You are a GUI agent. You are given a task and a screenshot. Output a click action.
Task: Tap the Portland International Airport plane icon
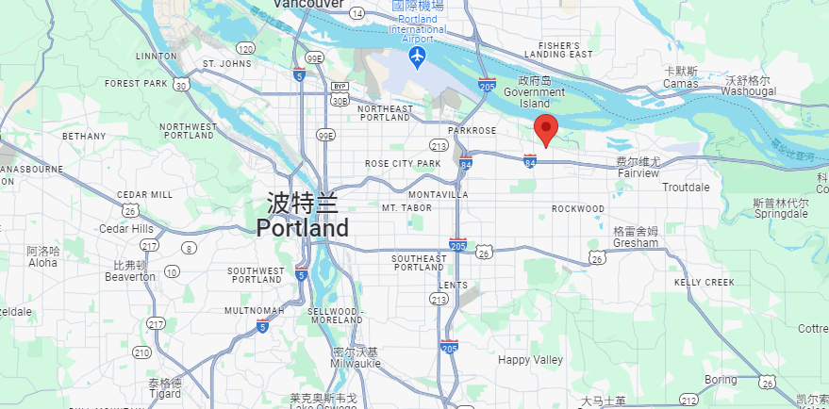pyautogui.click(x=416, y=58)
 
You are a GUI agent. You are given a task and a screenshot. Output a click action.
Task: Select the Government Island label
pyautogui.click(x=534, y=92)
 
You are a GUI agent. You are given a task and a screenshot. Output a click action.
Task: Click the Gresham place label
pyautogui.click(x=636, y=242)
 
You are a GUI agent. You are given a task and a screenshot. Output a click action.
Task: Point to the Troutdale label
pyautogui.click(x=686, y=188)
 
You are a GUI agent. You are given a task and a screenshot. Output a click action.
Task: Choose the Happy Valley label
pyautogui.click(x=530, y=360)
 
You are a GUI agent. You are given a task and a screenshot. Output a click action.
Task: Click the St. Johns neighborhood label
pyautogui.click(x=227, y=64)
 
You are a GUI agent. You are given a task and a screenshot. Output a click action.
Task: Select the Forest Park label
pyautogui.click(x=136, y=83)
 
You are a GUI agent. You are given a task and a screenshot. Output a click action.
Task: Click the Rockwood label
pyautogui.click(x=577, y=208)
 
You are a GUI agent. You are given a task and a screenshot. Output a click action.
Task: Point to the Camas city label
pyautogui.click(x=680, y=84)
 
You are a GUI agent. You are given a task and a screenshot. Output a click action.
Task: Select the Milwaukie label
pyautogui.click(x=355, y=363)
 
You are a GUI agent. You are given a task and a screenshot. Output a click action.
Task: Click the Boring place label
pyautogui.click(x=720, y=380)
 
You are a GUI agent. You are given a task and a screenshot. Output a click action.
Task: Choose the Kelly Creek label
pyautogui.click(x=704, y=283)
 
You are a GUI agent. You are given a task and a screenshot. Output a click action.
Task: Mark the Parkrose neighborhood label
pyautogui.click(x=472, y=131)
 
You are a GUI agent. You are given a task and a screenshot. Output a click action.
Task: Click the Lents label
pyautogui.click(x=453, y=285)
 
